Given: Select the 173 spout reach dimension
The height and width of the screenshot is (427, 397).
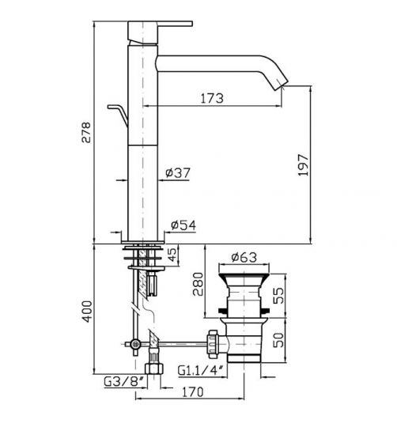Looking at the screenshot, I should tap(210, 98).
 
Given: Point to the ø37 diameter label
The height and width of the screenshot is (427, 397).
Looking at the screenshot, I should tap(179, 173).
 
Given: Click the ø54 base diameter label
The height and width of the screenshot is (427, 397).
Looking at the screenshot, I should tap(183, 226).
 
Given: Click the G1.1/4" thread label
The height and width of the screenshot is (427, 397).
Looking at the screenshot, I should tap(200, 369).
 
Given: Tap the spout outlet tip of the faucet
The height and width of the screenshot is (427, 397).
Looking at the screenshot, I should tap(282, 84).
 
